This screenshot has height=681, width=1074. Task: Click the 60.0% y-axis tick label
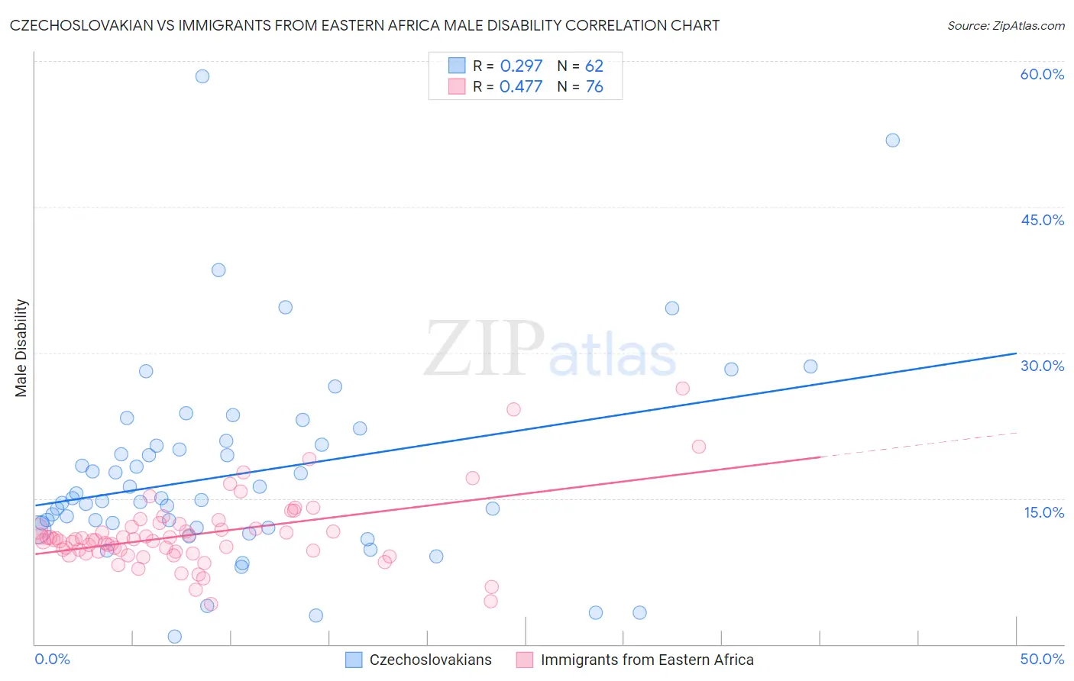tap(1042, 74)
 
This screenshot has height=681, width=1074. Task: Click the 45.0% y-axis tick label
tap(1042, 220)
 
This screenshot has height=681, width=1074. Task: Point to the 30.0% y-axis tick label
tap(1042, 366)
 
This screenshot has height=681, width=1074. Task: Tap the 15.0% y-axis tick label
tap(1043, 512)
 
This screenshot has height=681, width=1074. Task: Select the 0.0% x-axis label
tap(52, 659)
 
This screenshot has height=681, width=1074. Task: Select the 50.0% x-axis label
tap(1042, 659)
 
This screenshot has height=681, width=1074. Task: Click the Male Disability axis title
tap(21, 348)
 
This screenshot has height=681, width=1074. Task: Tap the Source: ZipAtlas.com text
tap(1005, 25)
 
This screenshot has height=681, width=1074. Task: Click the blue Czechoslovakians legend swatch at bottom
tap(354, 660)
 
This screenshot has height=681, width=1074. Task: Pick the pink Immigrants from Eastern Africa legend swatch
tap(525, 660)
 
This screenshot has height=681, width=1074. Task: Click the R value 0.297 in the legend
tap(521, 66)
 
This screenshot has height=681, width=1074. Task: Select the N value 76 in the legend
tap(594, 86)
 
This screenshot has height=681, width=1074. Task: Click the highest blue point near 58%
tap(202, 76)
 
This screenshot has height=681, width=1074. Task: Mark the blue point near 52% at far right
tap(892, 140)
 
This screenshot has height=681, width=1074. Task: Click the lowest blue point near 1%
tap(174, 637)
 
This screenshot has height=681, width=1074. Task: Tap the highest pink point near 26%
tap(682, 389)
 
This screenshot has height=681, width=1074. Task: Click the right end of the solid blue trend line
tap(1015, 353)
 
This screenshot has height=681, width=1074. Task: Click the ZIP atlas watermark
tap(550, 350)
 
